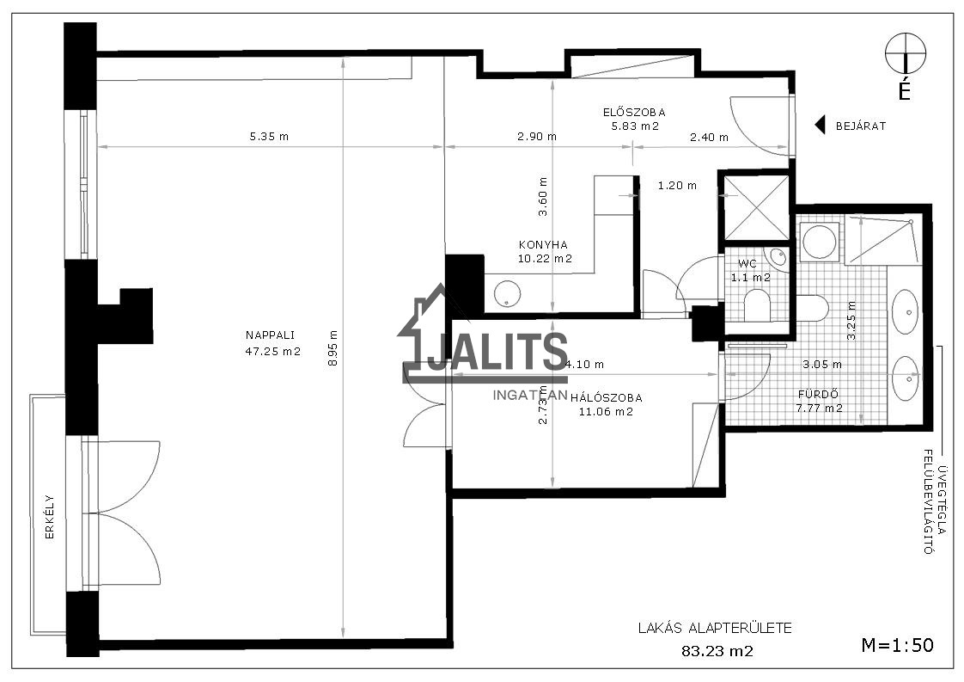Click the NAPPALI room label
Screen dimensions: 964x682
pyautogui.click(x=270, y=335)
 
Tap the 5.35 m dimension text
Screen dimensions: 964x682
pyautogui.click(x=269, y=137)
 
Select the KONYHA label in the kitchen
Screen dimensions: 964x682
pyautogui.click(x=543, y=244)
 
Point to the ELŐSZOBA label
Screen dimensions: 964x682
pyautogui.click(x=634, y=113)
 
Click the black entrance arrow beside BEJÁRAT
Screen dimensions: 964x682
pyautogui.click(x=820, y=126)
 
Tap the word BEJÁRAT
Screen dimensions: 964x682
pyautogui.click(x=861, y=126)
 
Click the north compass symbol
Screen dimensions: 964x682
pyautogui.click(x=905, y=54)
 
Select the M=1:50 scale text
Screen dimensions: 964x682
pyautogui.click(x=898, y=644)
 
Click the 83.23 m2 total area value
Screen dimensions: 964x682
pyautogui.click(x=717, y=650)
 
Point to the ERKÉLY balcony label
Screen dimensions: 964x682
pyautogui.click(x=50, y=517)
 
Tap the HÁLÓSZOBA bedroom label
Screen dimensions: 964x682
pyautogui.click(x=607, y=398)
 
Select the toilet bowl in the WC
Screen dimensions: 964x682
pyautogui.click(x=757, y=306)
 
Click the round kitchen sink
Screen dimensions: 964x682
pyautogui.click(x=508, y=293)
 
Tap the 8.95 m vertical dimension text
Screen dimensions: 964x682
pyautogui.click(x=333, y=348)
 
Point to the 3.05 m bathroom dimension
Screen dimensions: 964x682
pyautogui.click(x=822, y=365)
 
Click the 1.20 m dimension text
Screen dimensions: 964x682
pyautogui.click(x=677, y=185)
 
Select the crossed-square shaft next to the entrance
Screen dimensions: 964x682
pyautogui.click(x=756, y=207)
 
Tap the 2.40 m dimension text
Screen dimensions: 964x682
pyautogui.click(x=709, y=138)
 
